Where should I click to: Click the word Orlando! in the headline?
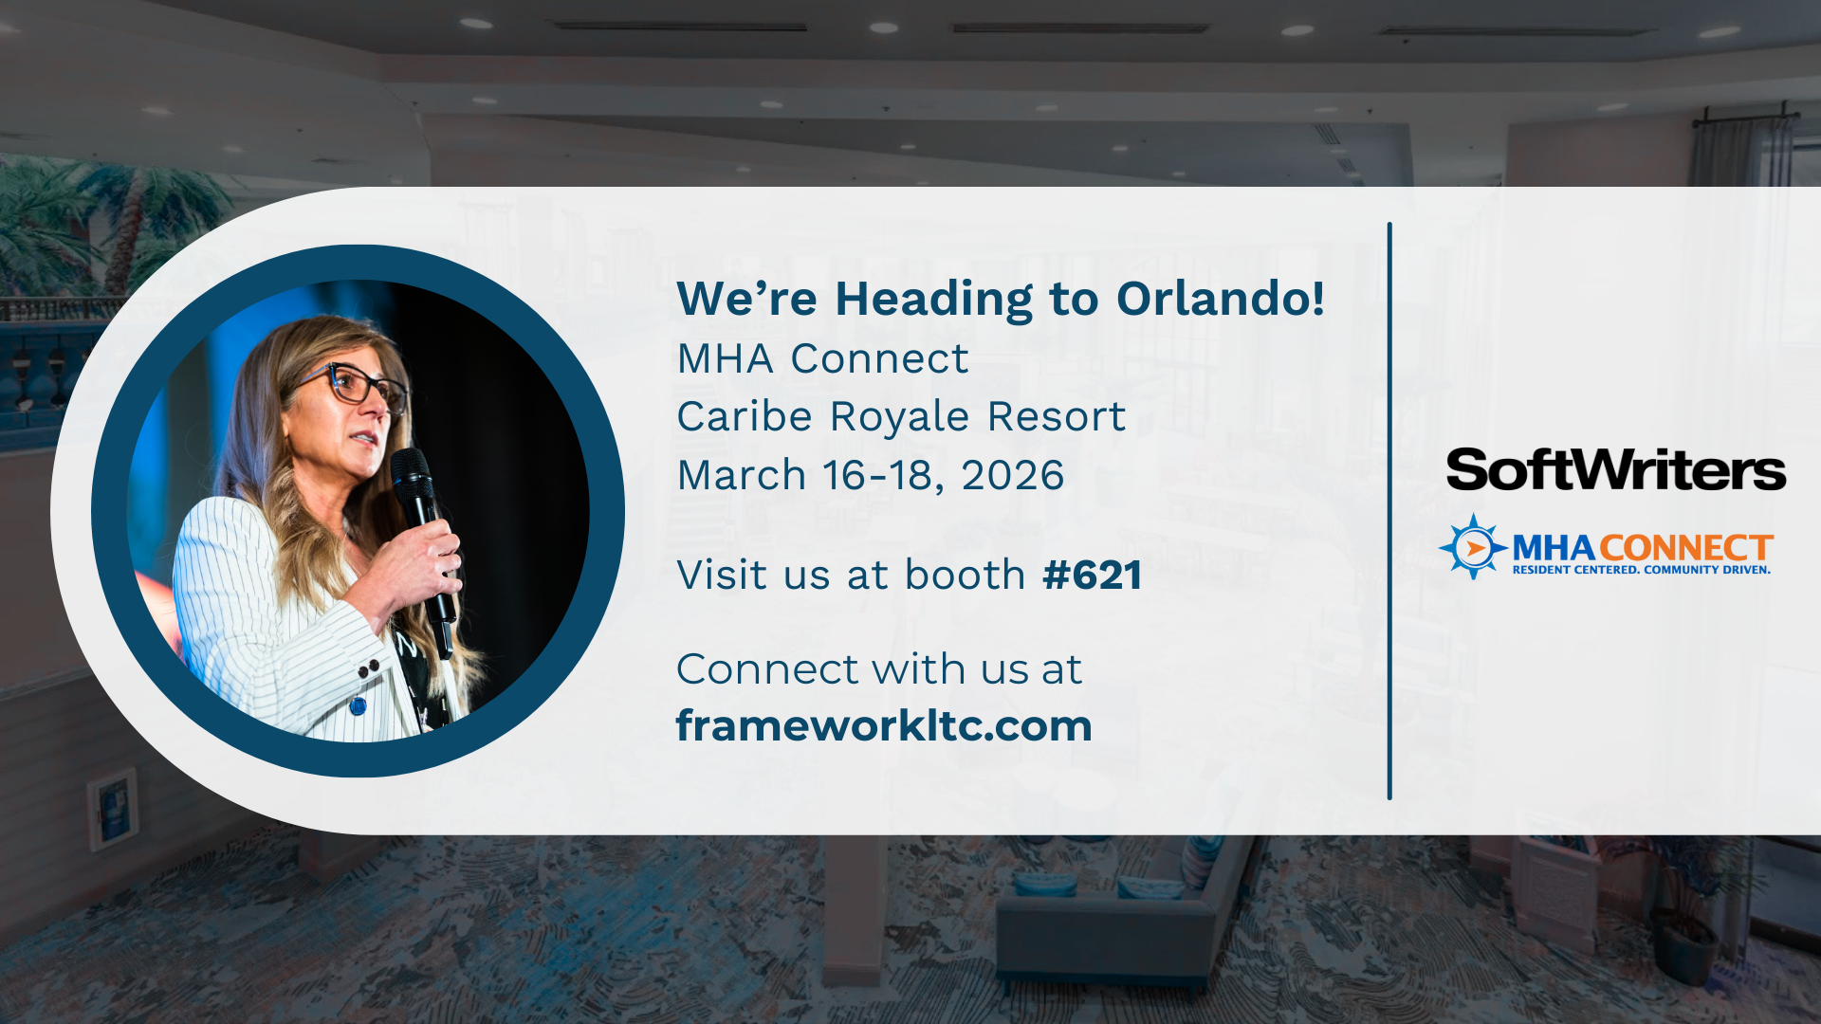click(1221, 299)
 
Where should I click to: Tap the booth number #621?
click(1092, 576)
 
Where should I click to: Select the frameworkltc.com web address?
click(884, 726)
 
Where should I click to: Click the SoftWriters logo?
click(1615, 470)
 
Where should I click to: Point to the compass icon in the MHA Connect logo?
click(1472, 547)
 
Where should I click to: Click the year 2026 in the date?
click(1012, 475)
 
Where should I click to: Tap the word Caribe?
click(745, 417)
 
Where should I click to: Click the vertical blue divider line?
click(1389, 512)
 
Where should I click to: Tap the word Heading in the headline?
click(933, 300)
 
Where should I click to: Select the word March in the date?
click(741, 475)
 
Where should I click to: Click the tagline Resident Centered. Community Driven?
click(1641, 570)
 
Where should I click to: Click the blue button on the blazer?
click(358, 706)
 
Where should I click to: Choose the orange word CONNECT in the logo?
click(1686, 548)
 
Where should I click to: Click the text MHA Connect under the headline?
click(822, 359)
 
